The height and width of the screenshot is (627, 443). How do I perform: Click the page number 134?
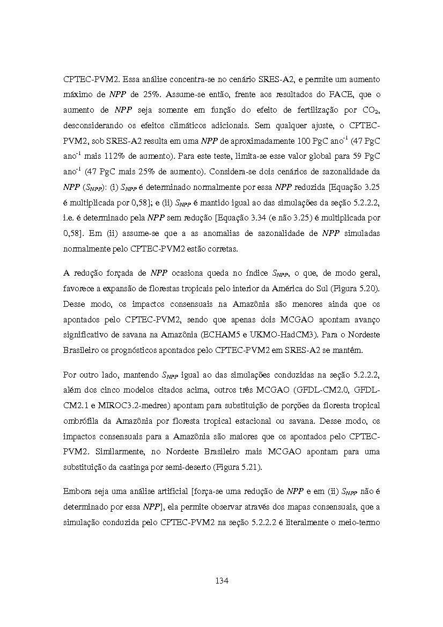[x=222, y=581]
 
